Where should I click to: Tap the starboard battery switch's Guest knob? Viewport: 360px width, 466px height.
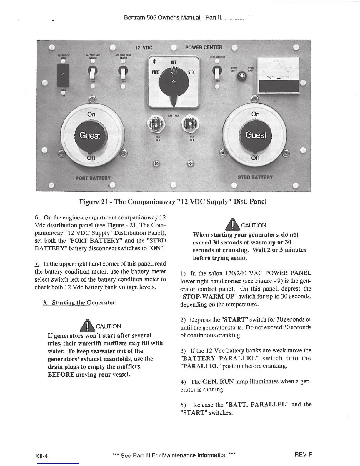coord(256,135)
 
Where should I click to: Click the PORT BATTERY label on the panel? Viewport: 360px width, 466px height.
coord(93,178)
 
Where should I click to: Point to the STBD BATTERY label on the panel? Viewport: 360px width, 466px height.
coord(255,177)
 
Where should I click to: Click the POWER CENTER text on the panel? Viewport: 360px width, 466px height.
coord(204,47)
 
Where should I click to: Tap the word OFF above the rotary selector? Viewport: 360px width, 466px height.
coord(174,62)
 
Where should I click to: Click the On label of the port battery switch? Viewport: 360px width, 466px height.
coord(91,114)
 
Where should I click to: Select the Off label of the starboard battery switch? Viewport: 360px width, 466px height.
coord(255,158)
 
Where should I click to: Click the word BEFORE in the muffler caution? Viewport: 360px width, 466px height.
coord(61,375)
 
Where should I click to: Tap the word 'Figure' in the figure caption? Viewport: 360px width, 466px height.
coord(89,202)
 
